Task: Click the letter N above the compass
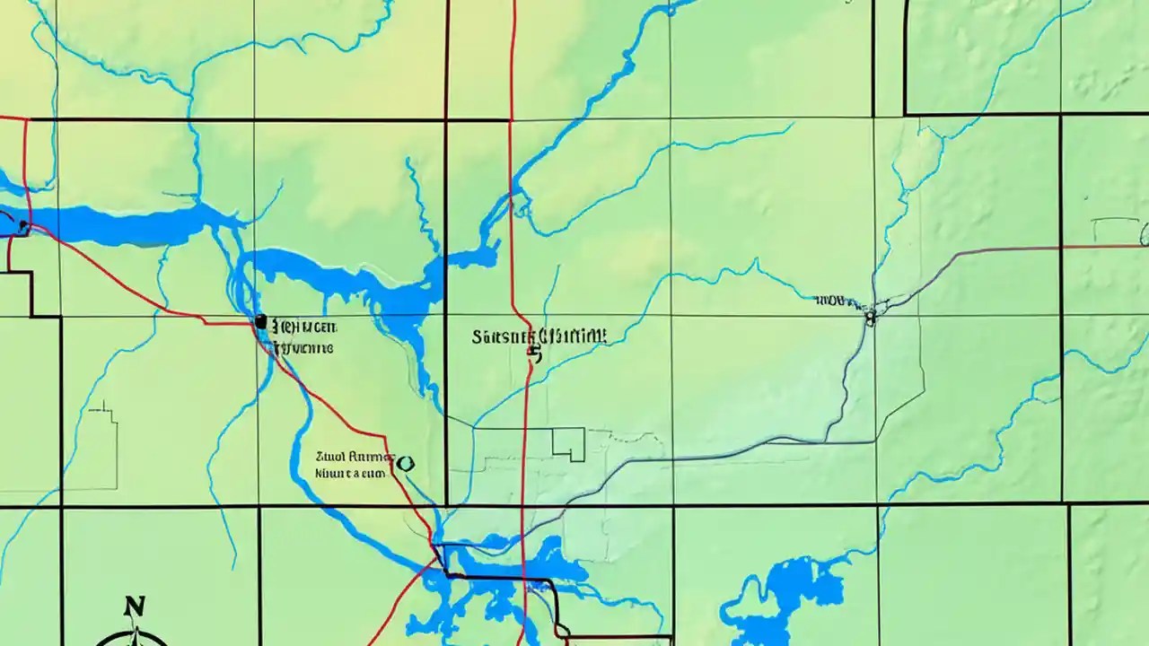pos(134,607)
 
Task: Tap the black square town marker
pos(260,320)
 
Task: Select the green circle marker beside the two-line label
pos(405,464)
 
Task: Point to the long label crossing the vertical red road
pos(539,336)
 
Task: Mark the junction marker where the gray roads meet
pos(869,315)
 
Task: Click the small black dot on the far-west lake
pos(22,226)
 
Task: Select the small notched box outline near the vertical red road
pos(568,443)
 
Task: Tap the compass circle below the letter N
pos(133,639)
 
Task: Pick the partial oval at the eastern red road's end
pos(1144,236)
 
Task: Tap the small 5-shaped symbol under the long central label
pos(536,354)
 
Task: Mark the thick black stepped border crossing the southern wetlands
pos(503,579)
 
